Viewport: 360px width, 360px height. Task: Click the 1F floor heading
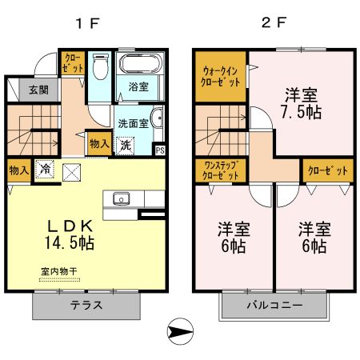87,23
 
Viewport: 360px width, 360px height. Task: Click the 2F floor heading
274,22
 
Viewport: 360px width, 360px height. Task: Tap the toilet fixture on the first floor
101,66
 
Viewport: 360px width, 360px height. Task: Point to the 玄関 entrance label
39,90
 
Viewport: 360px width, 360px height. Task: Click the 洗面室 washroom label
133,123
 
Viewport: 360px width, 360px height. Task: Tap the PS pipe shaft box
160,150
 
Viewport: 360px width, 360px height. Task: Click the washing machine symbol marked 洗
126,146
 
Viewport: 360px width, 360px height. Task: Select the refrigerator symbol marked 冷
45,169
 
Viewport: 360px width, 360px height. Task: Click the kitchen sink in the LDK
122,199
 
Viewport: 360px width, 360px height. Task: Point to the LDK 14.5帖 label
70,234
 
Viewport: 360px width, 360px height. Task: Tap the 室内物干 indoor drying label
59,272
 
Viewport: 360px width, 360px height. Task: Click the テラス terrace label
86,305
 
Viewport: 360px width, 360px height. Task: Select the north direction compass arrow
180,331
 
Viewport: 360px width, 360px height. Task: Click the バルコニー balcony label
274,305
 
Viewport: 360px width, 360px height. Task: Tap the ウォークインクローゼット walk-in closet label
220,77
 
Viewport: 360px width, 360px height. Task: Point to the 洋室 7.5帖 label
301,103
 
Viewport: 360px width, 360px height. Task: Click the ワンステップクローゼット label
220,170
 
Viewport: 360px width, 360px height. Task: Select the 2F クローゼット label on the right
328,170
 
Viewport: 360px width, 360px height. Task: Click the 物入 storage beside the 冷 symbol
19,170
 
